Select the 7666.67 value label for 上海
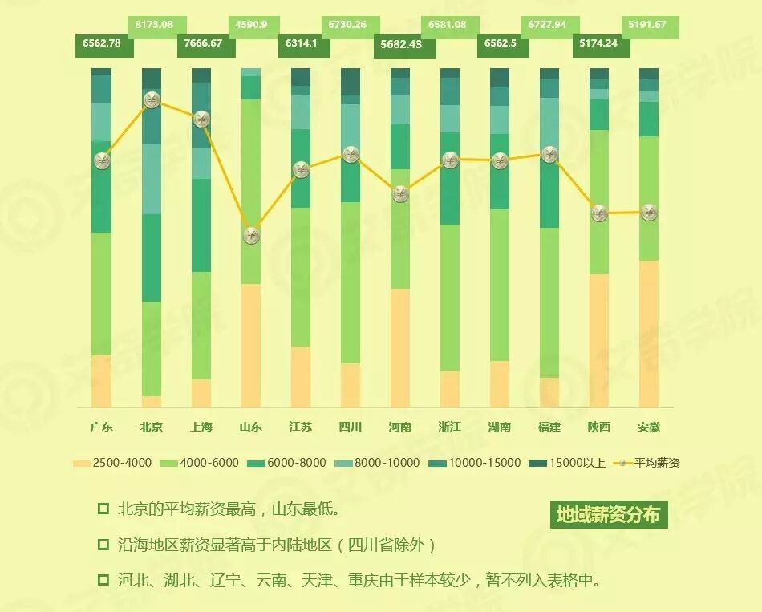[x=205, y=43]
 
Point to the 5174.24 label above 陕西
[x=600, y=43]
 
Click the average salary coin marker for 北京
[x=152, y=100]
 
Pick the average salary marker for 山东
[x=251, y=235]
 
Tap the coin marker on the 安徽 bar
[x=649, y=213]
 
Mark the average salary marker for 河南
[x=400, y=193]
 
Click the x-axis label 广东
[x=102, y=427]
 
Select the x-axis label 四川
[x=351, y=427]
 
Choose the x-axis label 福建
[x=549, y=427]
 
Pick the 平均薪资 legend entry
[x=647, y=463]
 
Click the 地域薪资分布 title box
[x=609, y=514]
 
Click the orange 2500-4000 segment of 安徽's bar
[x=649, y=333]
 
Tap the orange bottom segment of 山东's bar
[x=251, y=345]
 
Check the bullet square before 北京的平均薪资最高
[x=103, y=509]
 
